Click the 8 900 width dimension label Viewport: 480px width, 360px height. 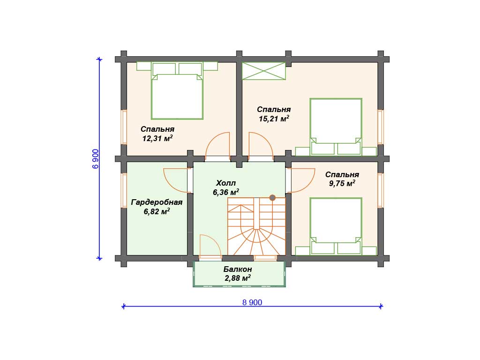coord(252,302)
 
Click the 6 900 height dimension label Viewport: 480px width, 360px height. coord(96,158)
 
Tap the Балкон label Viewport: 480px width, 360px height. coord(238,269)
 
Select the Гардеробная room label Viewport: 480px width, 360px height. coord(157,202)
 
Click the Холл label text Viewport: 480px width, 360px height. coord(226,183)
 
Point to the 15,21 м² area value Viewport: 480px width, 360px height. coord(274,119)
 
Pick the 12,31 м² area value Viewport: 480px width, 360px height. coord(157,138)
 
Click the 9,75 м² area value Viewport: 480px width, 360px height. coord(342,183)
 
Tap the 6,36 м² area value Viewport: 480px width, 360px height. coord(226,192)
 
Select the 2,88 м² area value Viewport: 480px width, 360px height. coord(238,278)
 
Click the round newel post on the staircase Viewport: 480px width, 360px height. coord(272,198)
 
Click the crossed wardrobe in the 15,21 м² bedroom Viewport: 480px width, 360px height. coord(264,71)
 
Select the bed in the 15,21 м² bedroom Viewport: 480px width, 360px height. coord(336,127)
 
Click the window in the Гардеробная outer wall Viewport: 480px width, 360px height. coord(124,191)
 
